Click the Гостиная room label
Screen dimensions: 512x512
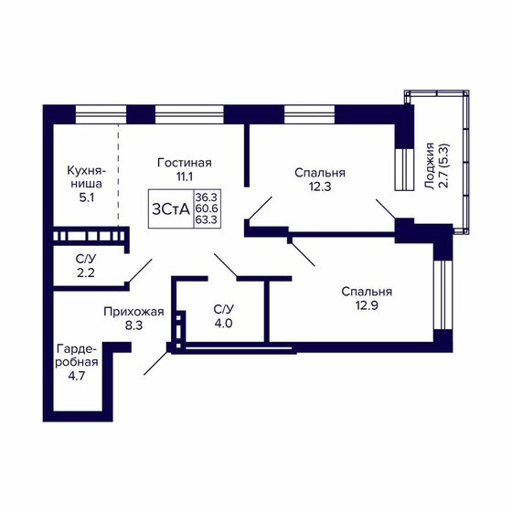(x=185, y=163)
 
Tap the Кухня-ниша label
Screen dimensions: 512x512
(x=87, y=177)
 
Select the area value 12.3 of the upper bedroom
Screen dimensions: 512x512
(x=320, y=187)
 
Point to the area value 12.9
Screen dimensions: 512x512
(x=367, y=305)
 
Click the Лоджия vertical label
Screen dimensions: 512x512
(x=430, y=165)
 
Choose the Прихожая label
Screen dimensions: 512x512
(x=133, y=312)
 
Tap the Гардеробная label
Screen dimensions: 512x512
(x=77, y=356)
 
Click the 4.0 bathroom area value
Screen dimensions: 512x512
(x=224, y=324)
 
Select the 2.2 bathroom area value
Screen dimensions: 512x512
(x=86, y=272)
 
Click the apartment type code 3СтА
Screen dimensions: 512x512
(x=171, y=209)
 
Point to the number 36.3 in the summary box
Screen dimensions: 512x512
(x=207, y=197)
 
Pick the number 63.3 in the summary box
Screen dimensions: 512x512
(x=207, y=219)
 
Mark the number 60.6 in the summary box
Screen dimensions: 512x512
(x=207, y=208)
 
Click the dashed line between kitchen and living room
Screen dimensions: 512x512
(x=118, y=176)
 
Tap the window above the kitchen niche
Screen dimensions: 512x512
(x=101, y=114)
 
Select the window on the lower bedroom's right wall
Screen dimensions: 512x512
(x=443, y=294)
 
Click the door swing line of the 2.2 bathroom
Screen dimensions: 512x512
(x=141, y=270)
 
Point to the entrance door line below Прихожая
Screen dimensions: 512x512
(x=156, y=363)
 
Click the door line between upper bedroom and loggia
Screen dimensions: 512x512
(x=386, y=208)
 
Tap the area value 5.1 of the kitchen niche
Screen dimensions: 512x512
(x=87, y=197)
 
